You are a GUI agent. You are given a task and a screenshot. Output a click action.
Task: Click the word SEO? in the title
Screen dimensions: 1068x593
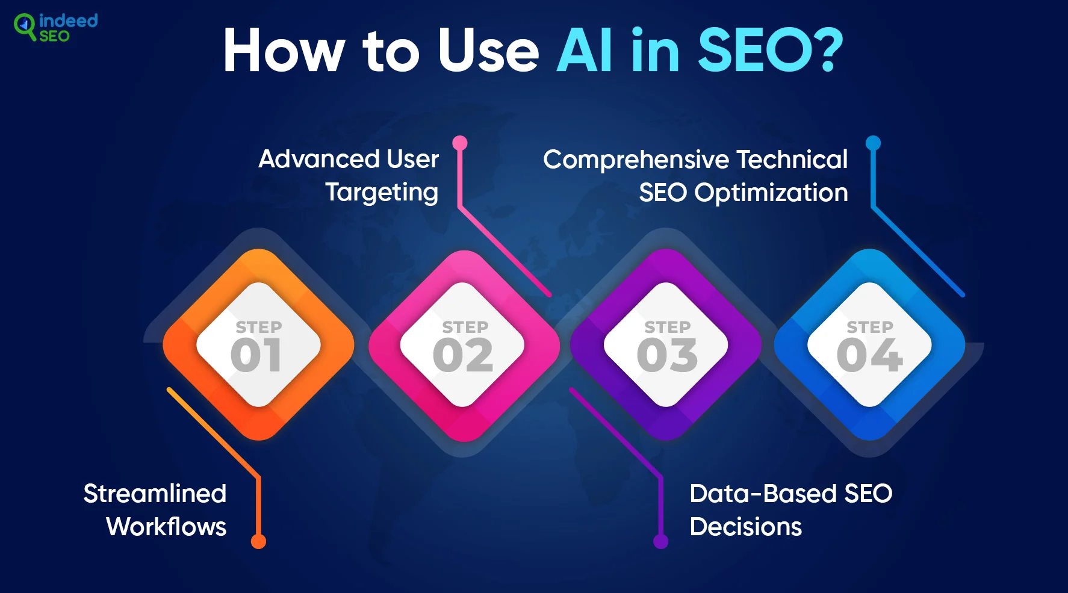tap(771, 51)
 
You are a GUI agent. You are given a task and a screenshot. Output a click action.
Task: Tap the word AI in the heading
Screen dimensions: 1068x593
tap(585, 51)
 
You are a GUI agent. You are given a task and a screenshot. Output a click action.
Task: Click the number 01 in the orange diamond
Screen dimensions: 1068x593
tap(256, 355)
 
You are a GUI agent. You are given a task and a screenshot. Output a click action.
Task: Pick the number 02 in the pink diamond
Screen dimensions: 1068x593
tap(462, 355)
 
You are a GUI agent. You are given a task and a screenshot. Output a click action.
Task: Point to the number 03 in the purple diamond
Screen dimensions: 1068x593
tap(667, 355)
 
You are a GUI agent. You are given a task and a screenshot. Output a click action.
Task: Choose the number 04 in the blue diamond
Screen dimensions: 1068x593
tap(870, 355)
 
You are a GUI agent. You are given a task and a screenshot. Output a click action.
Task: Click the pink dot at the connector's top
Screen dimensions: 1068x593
tap(460, 143)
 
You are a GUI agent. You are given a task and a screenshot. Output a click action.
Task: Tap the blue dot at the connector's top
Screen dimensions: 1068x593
tap(873, 143)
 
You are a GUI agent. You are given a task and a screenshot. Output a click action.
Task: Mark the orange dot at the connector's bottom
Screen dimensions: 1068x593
tap(258, 541)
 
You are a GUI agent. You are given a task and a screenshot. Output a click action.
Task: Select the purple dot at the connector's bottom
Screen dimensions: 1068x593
tap(661, 541)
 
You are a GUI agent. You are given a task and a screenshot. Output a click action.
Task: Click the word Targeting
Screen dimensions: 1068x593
tap(382, 193)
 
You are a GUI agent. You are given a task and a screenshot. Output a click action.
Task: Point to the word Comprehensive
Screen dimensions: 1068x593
tap(636, 160)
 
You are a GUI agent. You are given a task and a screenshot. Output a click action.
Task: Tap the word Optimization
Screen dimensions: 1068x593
tap(771, 193)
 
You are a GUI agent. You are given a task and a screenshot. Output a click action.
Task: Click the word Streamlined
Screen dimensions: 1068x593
tap(155, 494)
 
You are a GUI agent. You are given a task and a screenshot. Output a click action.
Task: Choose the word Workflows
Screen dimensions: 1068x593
tap(166, 527)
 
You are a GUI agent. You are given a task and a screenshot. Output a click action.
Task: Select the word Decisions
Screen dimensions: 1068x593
tap(746, 527)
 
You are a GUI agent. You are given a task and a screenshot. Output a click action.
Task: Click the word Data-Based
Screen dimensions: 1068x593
tap(763, 494)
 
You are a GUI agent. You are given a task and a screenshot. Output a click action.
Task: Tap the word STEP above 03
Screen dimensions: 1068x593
tap(668, 327)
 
